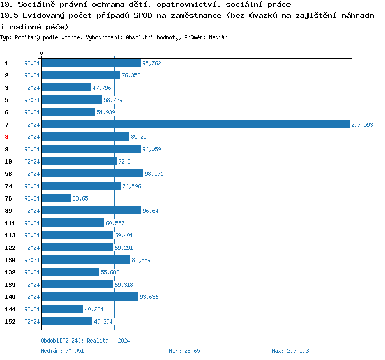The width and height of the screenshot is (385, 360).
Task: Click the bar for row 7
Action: [195, 125]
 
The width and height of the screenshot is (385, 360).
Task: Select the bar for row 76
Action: [56, 198]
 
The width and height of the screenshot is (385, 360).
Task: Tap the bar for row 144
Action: [62, 309]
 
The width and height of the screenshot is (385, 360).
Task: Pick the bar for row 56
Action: [92, 174]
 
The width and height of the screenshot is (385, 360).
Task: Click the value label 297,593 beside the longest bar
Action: [362, 125]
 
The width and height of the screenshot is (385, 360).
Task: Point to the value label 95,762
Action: [151, 63]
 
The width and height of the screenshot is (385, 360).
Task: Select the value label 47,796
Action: [102, 88]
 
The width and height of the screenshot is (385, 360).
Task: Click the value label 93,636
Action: [149, 297]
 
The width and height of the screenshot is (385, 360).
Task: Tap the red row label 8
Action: [7, 137]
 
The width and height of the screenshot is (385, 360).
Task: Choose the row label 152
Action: [10, 322]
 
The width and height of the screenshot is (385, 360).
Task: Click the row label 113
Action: [10, 235]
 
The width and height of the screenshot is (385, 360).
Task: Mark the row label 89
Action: [9, 211]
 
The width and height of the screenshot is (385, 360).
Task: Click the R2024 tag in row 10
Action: [32, 162]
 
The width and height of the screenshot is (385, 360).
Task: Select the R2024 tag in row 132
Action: [32, 272]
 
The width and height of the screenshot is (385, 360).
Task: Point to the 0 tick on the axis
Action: [42, 53]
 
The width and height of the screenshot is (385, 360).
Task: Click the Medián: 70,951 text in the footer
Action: [62, 351]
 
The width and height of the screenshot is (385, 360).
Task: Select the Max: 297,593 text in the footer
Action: [290, 351]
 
